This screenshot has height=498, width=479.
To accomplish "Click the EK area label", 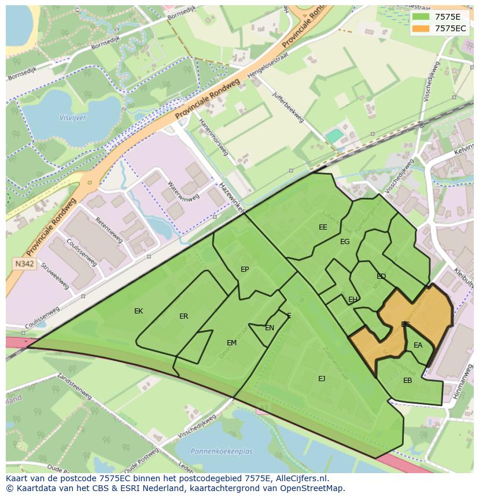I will (x=138, y=311).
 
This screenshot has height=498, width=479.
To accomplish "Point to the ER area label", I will (x=183, y=316).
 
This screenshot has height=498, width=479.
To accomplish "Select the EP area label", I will (x=245, y=270).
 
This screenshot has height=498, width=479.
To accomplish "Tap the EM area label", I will (x=231, y=343).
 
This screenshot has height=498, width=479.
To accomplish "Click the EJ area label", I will (x=322, y=379).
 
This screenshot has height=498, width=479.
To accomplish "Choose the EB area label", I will (x=408, y=381).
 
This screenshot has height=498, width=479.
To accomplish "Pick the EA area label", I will (x=418, y=345).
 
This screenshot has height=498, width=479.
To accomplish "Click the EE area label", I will (x=323, y=227).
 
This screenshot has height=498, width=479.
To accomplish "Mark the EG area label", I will (x=345, y=242).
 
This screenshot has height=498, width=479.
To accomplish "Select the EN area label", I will (x=270, y=328).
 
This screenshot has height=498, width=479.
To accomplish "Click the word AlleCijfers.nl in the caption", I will (x=300, y=478).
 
